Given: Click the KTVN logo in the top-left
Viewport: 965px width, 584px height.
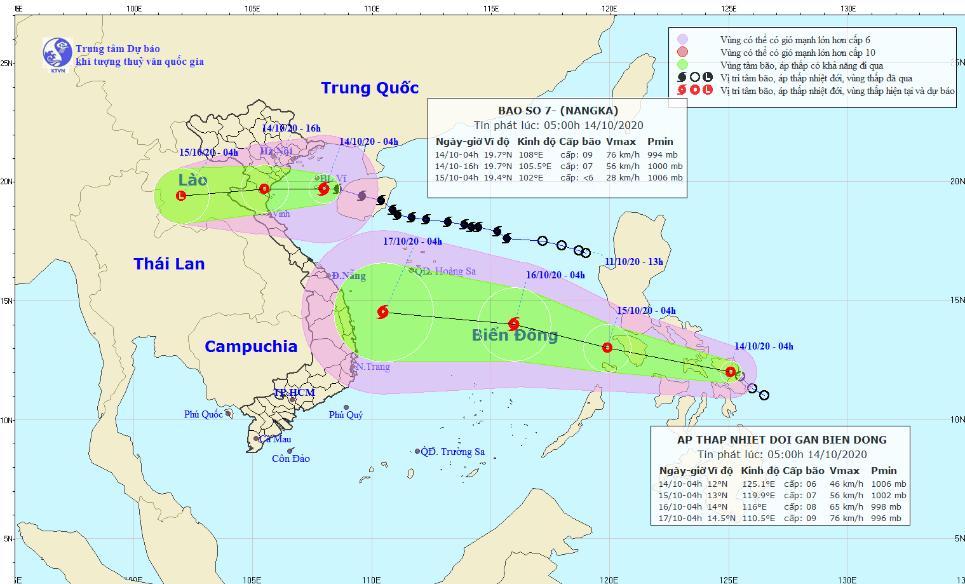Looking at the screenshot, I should tap(57, 53).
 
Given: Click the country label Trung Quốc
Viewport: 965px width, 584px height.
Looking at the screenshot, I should tap(370, 88).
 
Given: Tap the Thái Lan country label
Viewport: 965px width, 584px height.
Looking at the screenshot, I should tap(169, 264).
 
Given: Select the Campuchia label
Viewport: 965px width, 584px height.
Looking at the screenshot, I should tap(251, 346).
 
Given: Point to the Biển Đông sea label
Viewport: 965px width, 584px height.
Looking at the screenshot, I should tap(515, 335).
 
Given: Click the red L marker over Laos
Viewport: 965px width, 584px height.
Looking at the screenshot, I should tap(181, 195).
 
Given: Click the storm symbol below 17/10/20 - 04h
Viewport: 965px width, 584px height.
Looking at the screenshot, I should tap(382, 312).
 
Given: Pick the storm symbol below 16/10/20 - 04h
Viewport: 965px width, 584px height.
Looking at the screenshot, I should tap(514, 324).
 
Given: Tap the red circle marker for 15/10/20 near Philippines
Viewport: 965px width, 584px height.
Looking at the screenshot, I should tap(607, 348).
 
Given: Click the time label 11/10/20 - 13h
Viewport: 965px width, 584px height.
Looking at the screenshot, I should tap(634, 262).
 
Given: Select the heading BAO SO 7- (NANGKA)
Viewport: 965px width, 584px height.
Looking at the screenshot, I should tap(558, 111).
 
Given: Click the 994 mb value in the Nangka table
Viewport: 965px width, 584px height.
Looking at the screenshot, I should tap(663, 154).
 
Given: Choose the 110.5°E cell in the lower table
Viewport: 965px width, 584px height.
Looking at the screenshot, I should tap(759, 518).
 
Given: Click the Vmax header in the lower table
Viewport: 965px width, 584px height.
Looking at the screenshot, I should tap(844, 471).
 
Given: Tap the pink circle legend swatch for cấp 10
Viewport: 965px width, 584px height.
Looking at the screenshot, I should tap(682, 52).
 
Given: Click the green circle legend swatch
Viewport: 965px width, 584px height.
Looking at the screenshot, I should tap(682, 65).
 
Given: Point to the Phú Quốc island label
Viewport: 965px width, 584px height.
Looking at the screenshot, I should tap(203, 414).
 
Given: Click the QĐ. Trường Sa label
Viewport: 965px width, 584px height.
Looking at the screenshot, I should tap(453, 452).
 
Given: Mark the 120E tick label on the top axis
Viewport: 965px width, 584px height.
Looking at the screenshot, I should tap(609, 8).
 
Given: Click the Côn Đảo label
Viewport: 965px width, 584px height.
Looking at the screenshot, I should tap(291, 459).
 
